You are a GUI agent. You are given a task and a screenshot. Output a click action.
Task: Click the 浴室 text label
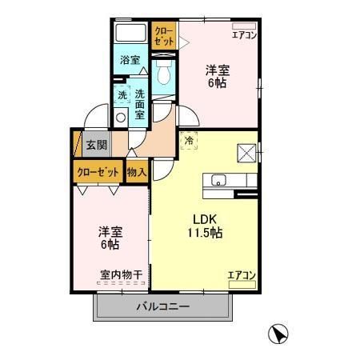130,60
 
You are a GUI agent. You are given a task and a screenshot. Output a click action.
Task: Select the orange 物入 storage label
137,171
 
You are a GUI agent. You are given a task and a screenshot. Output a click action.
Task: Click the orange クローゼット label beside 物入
98,171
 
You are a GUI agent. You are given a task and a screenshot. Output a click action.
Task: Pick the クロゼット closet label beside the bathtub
163,36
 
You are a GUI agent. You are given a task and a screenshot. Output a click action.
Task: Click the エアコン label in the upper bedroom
244,34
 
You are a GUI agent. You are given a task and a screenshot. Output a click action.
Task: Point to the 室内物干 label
121,275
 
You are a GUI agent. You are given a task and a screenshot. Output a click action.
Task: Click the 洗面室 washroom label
139,102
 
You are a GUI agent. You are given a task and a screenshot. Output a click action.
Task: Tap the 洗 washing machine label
122,95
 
